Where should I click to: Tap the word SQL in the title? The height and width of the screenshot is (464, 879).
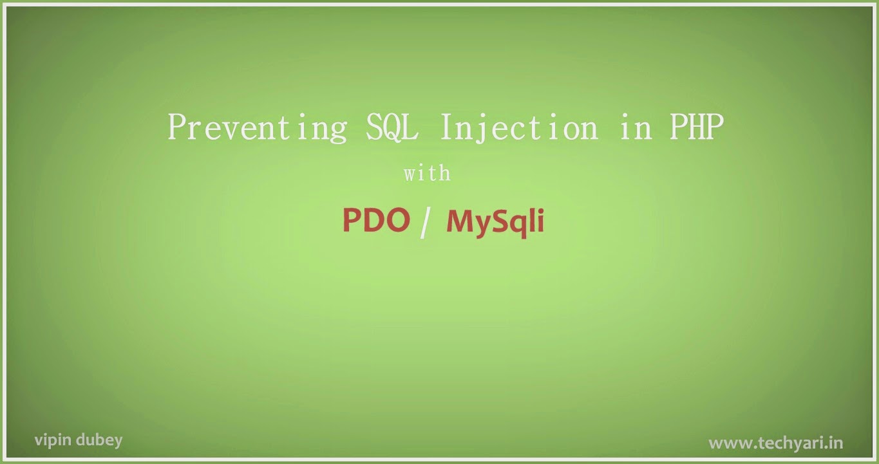coord(392,127)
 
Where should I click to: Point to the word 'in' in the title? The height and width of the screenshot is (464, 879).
coord(636,127)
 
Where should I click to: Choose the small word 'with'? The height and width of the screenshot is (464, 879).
coord(428,173)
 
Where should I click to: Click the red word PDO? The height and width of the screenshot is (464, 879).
coord(376,220)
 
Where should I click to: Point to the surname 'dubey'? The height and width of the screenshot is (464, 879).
coord(99,441)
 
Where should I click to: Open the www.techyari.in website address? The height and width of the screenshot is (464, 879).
coord(776,443)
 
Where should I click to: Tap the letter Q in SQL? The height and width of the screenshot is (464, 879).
coord(392,127)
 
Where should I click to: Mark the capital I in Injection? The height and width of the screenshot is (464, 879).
coord(448,126)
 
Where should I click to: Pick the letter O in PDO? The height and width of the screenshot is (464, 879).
coord(397,220)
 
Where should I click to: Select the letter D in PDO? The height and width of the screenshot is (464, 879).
coord(372,220)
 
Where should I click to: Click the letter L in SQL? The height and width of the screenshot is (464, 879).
coord(411,126)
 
